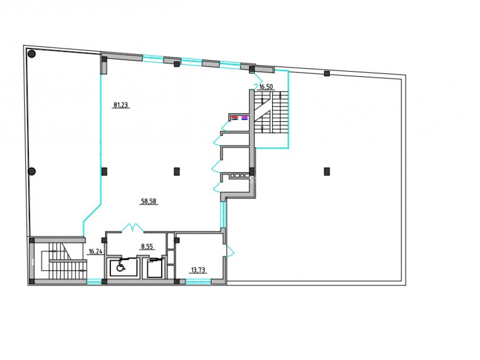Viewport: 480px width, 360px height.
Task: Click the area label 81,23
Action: [120, 105]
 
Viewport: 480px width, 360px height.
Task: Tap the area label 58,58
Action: [148, 201]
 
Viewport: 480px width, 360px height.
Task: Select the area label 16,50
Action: [266, 86]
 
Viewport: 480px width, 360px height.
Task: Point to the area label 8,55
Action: [147, 246]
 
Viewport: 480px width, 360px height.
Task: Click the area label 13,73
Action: [198, 270]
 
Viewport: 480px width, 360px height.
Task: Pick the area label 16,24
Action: [95, 252]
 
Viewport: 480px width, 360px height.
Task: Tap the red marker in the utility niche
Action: [235, 117]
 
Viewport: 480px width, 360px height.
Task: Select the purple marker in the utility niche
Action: [244, 117]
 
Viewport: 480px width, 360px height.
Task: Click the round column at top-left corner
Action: [32, 54]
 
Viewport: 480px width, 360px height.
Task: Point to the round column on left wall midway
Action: [32, 171]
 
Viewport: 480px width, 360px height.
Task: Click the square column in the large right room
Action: [326, 171]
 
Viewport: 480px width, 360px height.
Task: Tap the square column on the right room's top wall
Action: [326, 73]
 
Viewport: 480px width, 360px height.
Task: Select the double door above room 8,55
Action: [133, 228]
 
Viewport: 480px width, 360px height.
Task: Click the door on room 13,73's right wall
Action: [230, 251]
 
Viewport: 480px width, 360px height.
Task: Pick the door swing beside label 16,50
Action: [258, 79]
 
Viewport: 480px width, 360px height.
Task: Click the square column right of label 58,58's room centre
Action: [177, 171]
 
